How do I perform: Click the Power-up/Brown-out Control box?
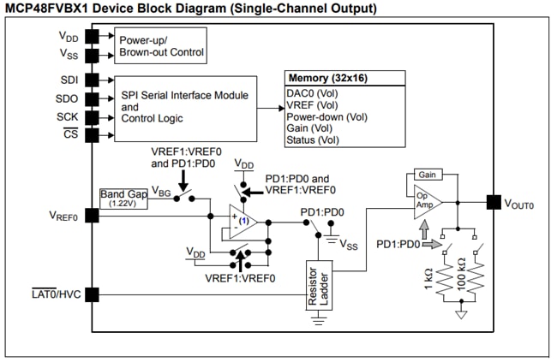pos(161,45)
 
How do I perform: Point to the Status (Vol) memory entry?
pos(314,139)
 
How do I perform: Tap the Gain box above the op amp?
pos(427,174)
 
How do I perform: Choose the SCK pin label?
pos(67,116)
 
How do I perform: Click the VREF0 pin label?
pos(63,217)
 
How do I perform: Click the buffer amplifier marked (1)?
pos(243,221)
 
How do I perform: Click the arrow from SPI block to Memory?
pos(270,108)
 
